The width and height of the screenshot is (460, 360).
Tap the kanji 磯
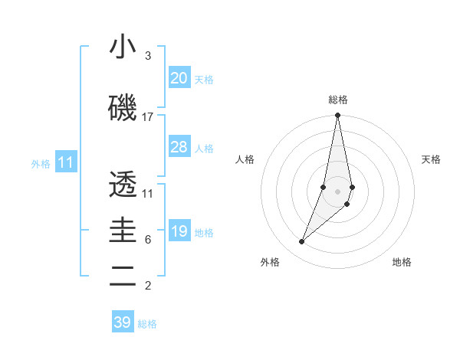point(123,108)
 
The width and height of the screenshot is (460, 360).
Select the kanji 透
point(123,185)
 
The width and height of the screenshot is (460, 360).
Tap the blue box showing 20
point(179,78)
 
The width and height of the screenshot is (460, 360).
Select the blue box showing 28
point(179,147)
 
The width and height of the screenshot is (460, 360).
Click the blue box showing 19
point(179,231)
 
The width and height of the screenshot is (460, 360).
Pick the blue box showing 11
point(66,162)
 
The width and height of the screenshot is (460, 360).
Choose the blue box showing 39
point(123,322)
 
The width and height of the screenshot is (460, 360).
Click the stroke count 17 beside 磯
point(147,117)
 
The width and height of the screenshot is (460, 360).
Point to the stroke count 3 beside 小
point(147,56)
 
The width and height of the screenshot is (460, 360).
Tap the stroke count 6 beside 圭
point(147,240)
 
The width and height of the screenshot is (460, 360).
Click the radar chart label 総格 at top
point(337,100)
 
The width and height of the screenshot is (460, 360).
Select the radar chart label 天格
point(431,159)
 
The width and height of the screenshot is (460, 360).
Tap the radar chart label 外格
point(270,262)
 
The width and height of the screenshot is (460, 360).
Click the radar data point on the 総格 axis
point(337,116)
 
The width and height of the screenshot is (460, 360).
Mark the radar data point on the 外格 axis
point(301,241)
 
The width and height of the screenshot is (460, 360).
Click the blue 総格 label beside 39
point(147,324)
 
